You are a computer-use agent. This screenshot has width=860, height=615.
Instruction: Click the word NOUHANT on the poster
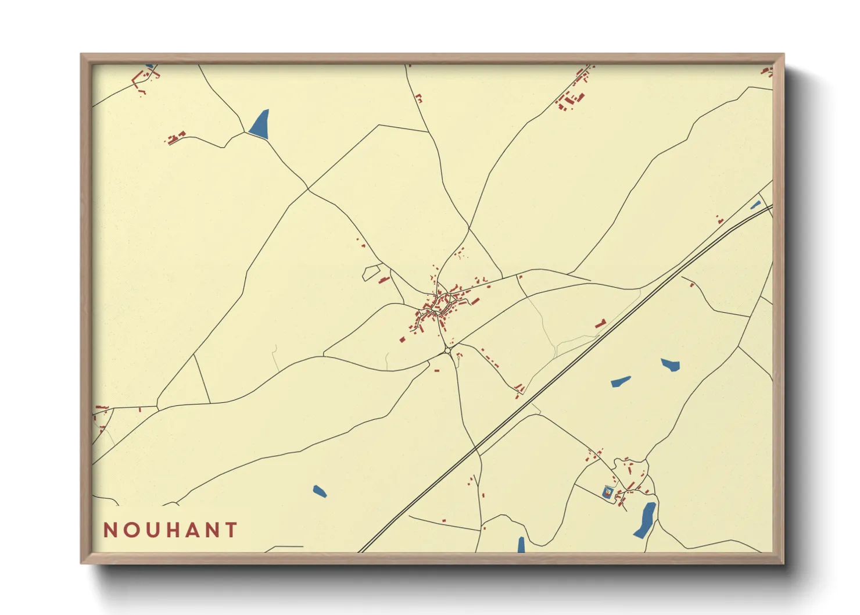[170, 530]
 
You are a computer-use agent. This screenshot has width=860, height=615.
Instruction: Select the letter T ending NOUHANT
[232, 530]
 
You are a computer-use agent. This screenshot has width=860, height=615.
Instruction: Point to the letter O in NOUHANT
[129, 530]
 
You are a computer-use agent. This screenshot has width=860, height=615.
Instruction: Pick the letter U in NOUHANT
[149, 530]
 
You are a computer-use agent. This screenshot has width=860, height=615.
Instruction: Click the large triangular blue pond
[260, 124]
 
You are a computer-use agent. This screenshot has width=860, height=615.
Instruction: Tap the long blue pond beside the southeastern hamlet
[645, 519]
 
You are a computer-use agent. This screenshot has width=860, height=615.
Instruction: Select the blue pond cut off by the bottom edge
[521, 545]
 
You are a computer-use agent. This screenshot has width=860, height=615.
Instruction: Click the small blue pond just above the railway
[755, 205]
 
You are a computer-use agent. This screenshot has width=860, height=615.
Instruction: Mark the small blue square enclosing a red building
[608, 492]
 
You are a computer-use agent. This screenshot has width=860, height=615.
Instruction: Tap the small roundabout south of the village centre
[446, 351]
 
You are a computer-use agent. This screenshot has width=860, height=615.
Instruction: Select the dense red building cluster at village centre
[439, 305]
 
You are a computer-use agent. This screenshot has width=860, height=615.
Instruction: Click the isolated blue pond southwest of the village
[319, 492]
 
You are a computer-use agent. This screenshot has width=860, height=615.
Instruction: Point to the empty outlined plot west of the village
[372, 272]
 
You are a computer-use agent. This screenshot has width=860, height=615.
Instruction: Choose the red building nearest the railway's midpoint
[600, 324]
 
